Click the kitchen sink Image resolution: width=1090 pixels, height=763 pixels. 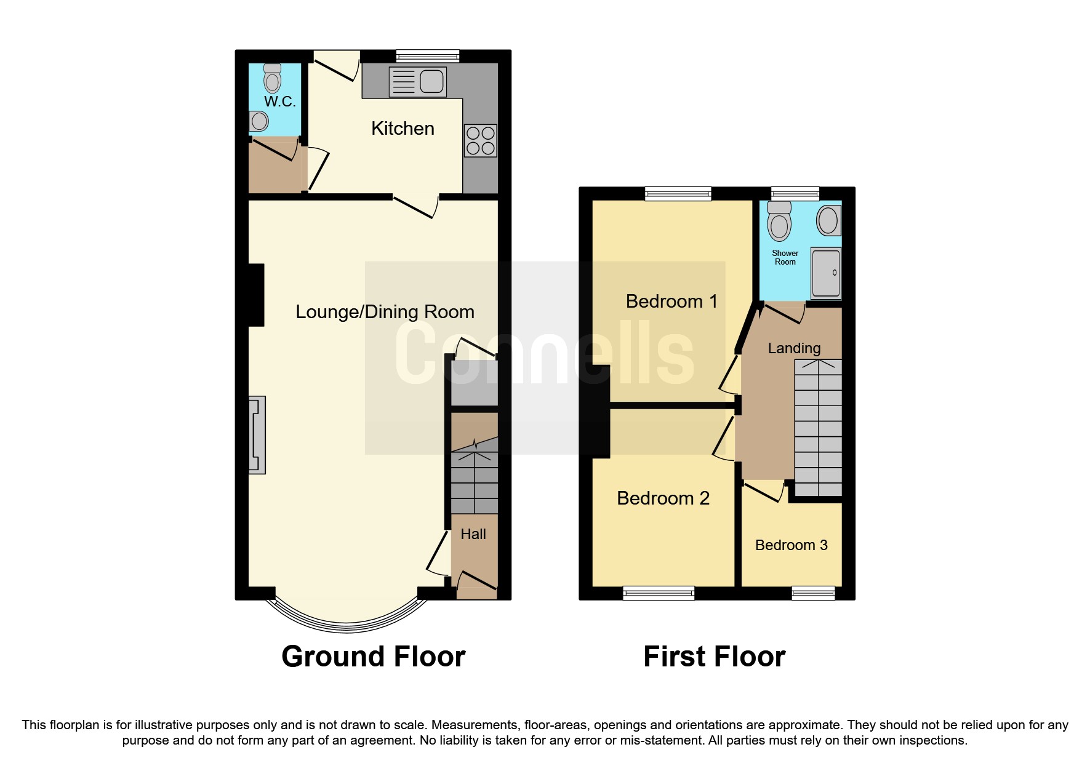[419, 81]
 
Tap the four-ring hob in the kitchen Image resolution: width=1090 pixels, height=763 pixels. [481, 141]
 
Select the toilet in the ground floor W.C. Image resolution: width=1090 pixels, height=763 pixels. [272, 78]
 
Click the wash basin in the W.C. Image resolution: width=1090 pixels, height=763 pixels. [259, 121]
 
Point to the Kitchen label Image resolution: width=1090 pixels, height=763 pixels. [403, 129]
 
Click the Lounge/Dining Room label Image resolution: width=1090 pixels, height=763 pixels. [385, 312]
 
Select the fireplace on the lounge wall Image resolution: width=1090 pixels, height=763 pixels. [257, 435]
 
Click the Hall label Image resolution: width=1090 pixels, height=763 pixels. [473, 534]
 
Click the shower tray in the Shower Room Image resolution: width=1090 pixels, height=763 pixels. [825, 273]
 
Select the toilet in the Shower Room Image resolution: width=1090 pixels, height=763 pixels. [780, 222]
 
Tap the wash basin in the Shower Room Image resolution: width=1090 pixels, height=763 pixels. [828, 220]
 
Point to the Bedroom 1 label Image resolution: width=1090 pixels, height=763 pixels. [671, 302]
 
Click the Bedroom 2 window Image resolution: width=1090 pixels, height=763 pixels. [659, 593]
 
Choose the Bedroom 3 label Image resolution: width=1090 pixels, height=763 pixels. [791, 545]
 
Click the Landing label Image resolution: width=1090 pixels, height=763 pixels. [794, 348]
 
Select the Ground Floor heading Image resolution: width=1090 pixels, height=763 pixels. [373, 657]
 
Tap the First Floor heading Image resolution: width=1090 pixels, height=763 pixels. [714, 657]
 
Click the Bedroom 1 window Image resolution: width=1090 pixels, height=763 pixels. [678, 194]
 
